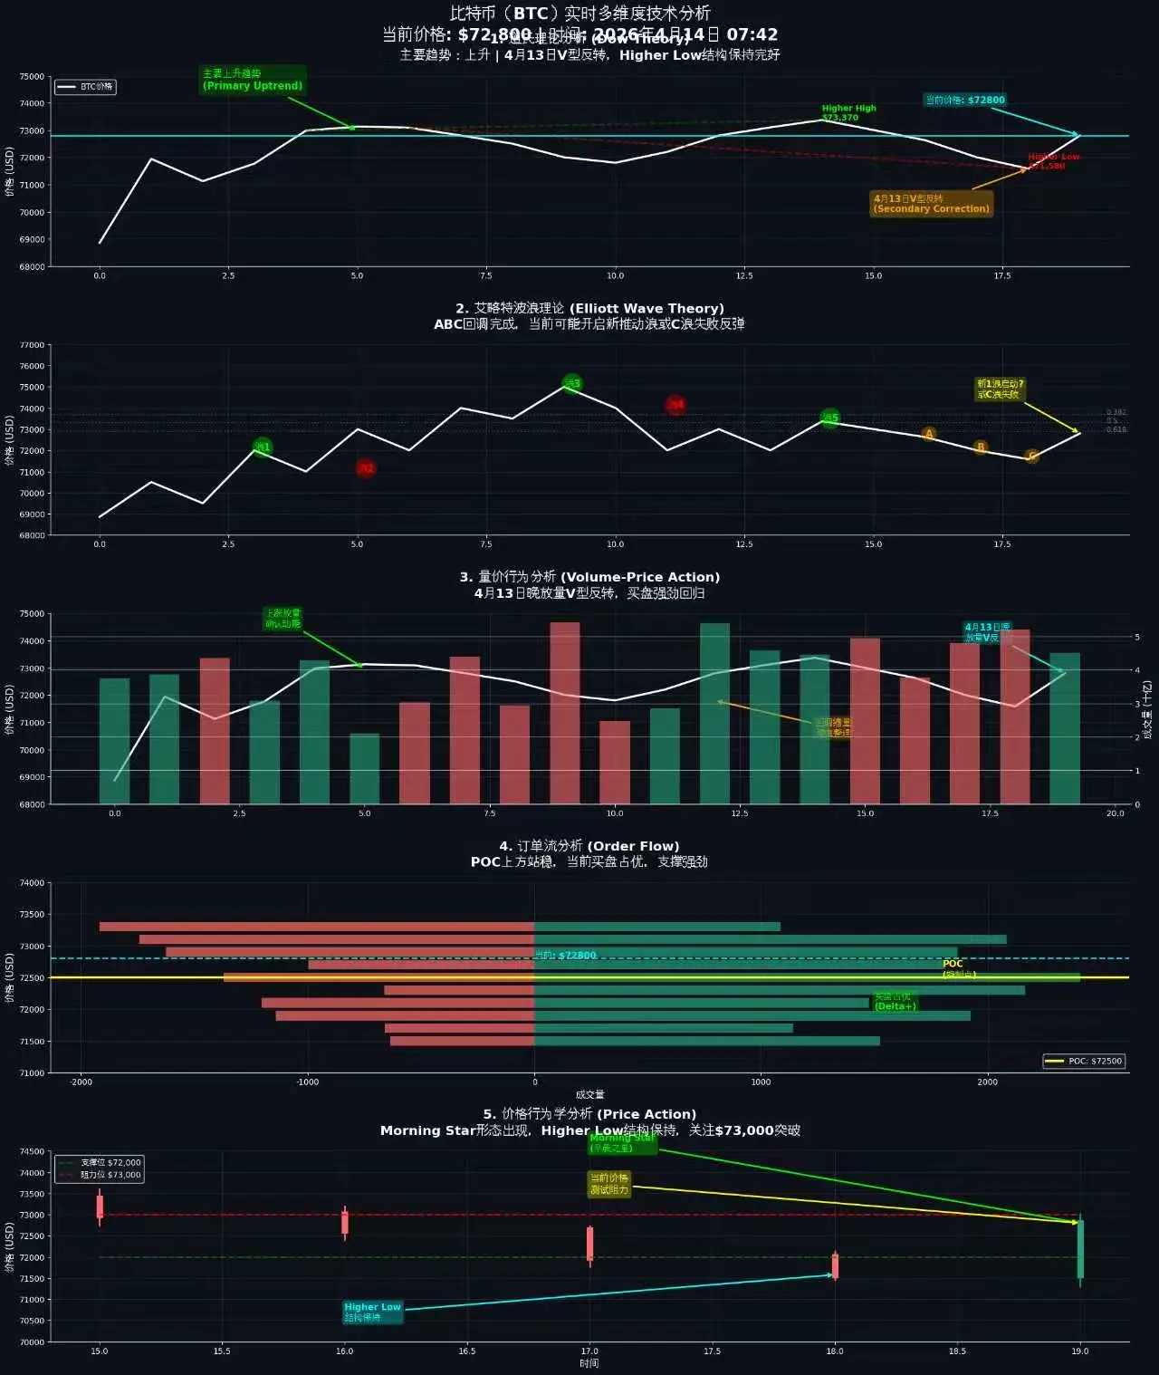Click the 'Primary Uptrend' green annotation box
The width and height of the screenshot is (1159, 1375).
point(252,80)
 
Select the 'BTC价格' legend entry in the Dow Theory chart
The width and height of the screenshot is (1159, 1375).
point(85,87)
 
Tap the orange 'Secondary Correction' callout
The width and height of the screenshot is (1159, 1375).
point(931,204)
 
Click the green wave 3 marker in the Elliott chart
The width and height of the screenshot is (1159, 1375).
point(572,383)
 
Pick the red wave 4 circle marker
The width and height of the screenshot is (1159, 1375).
point(675,405)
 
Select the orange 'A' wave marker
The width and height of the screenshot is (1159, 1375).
point(928,434)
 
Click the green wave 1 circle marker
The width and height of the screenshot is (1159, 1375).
point(262,447)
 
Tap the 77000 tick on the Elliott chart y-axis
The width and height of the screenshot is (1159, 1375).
point(33,345)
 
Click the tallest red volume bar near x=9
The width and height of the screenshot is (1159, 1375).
point(565,712)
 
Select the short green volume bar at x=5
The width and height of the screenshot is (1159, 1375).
point(365,768)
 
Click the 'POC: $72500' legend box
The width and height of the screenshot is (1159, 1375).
point(1084,1061)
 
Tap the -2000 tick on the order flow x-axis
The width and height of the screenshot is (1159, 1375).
point(81,1082)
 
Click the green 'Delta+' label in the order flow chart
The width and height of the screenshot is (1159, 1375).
point(895,1002)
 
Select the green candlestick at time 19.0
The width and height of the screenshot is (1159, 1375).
point(1080,1249)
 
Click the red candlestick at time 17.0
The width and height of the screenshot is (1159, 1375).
point(589,1244)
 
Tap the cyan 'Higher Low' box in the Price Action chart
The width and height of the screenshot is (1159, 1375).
point(372,1312)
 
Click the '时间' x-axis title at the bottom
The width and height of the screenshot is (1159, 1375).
point(589,1363)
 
